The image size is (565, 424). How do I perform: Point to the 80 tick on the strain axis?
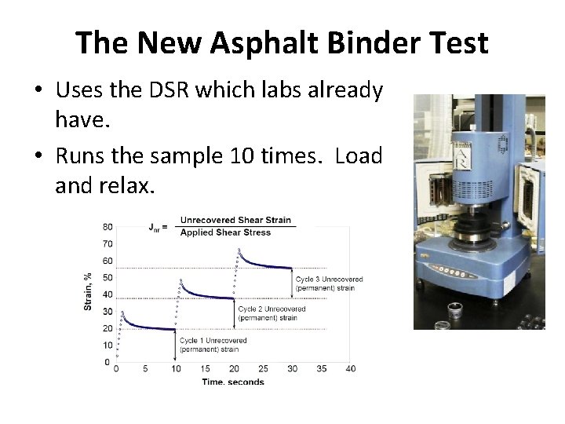[107, 228]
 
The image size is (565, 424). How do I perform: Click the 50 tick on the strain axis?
[107, 278]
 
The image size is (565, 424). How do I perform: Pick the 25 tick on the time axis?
[263, 369]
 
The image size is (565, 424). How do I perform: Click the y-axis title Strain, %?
[88, 290]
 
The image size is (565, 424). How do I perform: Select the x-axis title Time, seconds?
[233, 382]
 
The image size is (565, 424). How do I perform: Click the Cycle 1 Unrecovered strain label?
[213, 345]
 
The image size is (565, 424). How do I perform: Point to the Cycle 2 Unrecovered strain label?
[272, 313]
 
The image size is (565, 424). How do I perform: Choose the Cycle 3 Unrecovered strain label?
[329, 283]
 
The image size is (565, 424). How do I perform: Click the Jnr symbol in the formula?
[157, 227]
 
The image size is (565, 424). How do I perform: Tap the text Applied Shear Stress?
[224, 232]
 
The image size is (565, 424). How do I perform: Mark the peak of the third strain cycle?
[237, 250]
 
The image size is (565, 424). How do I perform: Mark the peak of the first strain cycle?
[122, 312]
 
